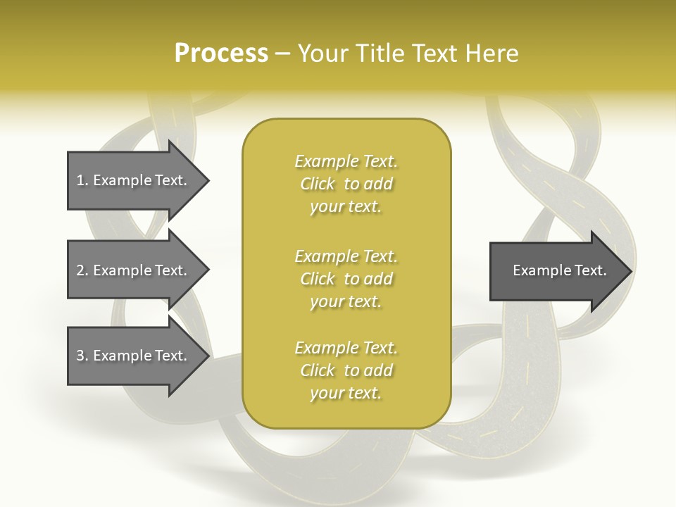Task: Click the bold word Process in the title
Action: click(x=221, y=54)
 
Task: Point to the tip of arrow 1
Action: click(x=208, y=180)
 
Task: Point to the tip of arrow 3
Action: click(x=208, y=356)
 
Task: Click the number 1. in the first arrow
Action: click(x=82, y=180)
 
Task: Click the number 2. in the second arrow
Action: click(x=82, y=270)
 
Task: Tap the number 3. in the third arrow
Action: click(x=82, y=356)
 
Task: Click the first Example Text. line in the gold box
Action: click(x=346, y=161)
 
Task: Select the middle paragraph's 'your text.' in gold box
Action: click(x=346, y=301)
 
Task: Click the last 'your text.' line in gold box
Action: click(x=346, y=393)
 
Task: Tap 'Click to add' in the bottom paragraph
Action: click(x=346, y=370)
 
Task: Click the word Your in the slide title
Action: click(x=324, y=54)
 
